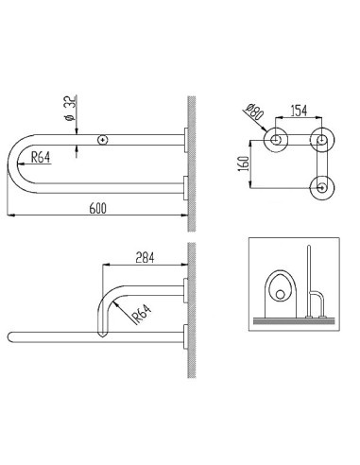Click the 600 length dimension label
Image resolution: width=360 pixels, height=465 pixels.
point(98,208)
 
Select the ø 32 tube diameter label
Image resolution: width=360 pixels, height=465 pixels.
point(70,108)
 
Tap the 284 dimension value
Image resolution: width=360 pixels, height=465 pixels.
point(145,258)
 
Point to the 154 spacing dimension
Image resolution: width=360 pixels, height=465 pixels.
point(299,111)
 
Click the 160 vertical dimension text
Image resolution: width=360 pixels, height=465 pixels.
point(244,163)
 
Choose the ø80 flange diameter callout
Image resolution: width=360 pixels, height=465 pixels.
point(253,112)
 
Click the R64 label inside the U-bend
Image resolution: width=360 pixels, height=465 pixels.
point(41,157)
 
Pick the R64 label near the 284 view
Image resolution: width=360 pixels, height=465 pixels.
point(142,314)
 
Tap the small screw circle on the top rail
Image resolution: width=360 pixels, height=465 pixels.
point(103,140)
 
